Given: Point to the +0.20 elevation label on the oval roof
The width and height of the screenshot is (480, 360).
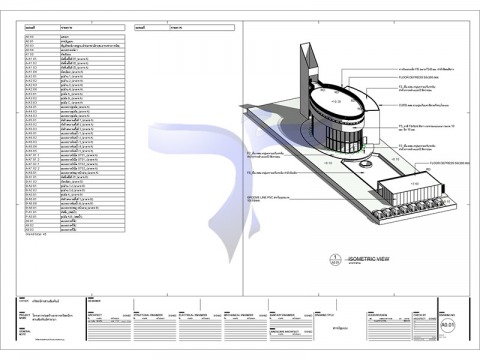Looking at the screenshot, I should [336, 102].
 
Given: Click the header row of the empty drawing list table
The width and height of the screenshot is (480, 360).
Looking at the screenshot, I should [185, 29].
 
